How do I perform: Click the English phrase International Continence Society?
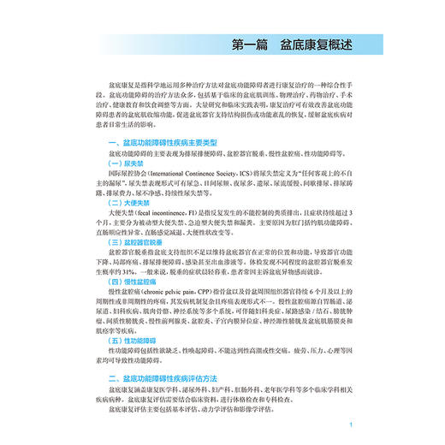click(x=183, y=174)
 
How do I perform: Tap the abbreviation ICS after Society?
click(x=239, y=174)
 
